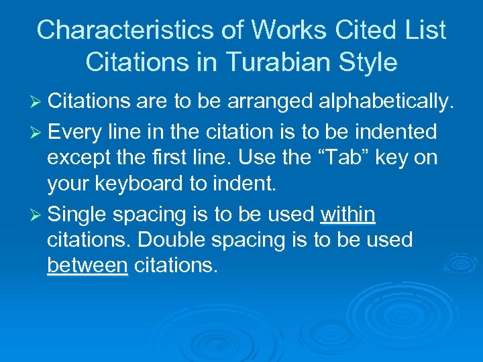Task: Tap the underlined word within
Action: point(348,215)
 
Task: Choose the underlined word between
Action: point(87,265)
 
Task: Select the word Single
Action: point(78,215)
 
